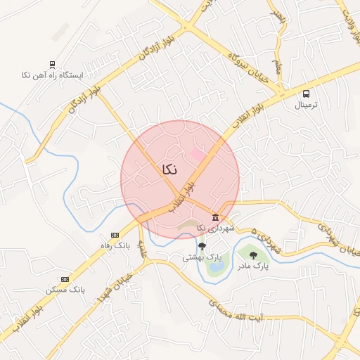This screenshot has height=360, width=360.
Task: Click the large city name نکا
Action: coord(169,169)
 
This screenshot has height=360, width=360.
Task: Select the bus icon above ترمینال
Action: coord(306,94)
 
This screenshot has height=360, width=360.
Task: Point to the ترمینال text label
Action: coord(306,105)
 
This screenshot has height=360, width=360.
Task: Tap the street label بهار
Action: coord(279,14)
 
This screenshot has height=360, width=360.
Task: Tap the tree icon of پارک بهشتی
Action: coord(202,246)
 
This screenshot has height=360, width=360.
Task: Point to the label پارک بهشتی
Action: coord(198,257)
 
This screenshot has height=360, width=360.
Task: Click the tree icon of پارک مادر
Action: coord(253,255)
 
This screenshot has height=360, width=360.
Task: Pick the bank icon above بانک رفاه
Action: coord(114,235)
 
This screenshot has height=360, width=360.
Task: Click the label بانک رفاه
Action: coord(114,245)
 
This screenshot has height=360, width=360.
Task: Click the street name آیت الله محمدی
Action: coord(244,313)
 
